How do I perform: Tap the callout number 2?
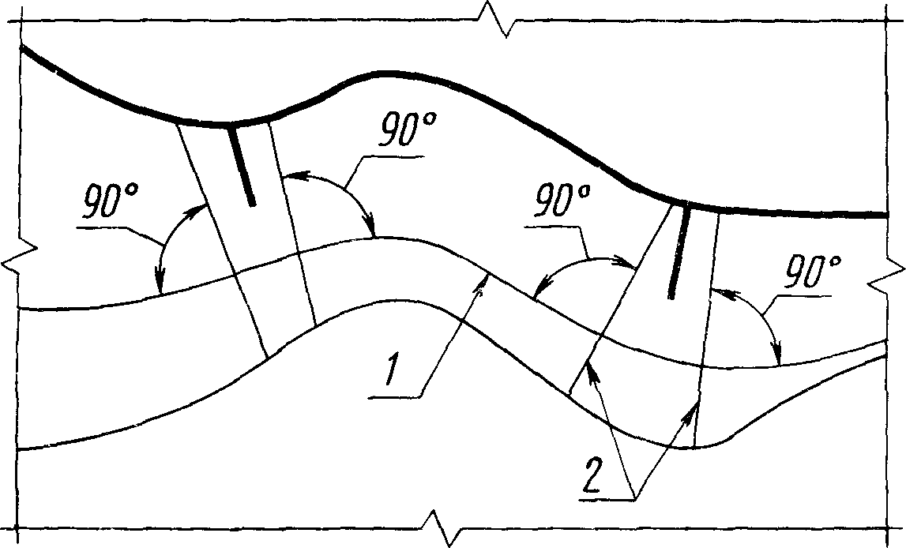[x=595, y=474]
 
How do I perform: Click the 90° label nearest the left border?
[x=111, y=201]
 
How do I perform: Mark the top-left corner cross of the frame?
[x=20, y=22]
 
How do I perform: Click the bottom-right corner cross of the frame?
[x=886, y=527]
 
